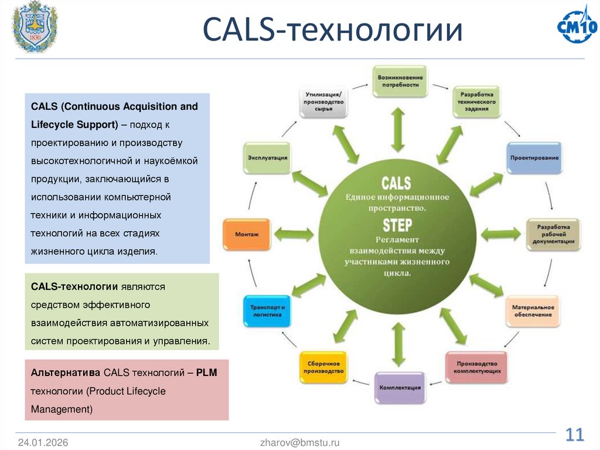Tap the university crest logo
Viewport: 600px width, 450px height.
[x=35, y=28]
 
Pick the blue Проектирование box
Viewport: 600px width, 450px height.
[x=534, y=158]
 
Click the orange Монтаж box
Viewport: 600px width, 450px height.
[x=247, y=234]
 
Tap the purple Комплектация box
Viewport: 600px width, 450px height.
[x=400, y=387]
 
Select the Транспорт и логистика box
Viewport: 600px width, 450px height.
[x=267, y=311]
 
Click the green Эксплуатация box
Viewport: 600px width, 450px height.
[x=267, y=158]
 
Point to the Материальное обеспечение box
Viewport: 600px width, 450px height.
[x=533, y=311]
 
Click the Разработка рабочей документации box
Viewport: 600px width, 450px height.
[x=553, y=234]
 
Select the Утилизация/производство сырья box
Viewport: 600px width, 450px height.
[x=323, y=101]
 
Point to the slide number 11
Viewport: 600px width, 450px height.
[x=575, y=435]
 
